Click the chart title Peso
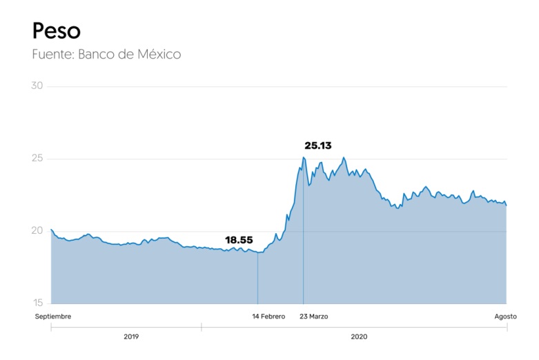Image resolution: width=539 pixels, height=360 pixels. (x=56, y=30)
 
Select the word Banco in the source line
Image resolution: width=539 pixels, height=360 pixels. (x=98, y=54)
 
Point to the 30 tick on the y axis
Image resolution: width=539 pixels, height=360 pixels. (x=37, y=86)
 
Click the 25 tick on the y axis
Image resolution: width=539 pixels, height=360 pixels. (x=37, y=159)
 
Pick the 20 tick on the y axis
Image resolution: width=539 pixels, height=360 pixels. (x=37, y=231)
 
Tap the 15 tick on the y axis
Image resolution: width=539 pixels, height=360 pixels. (x=37, y=303)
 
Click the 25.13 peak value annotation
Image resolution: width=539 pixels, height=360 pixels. (x=318, y=146)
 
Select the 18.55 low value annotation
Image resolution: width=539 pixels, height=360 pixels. (x=239, y=240)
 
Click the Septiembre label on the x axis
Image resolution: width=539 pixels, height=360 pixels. (x=53, y=317)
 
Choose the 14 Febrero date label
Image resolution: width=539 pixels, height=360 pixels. (x=268, y=317)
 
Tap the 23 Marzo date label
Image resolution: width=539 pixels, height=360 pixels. (x=314, y=317)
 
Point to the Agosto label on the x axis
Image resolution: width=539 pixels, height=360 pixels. (x=505, y=317)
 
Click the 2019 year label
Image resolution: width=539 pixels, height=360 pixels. (x=131, y=337)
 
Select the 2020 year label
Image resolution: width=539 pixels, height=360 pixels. (x=359, y=337)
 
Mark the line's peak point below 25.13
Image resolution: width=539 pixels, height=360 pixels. (x=303, y=157)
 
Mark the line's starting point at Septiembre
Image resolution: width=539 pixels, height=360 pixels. (x=51, y=229)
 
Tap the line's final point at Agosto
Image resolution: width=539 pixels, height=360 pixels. (x=507, y=206)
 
